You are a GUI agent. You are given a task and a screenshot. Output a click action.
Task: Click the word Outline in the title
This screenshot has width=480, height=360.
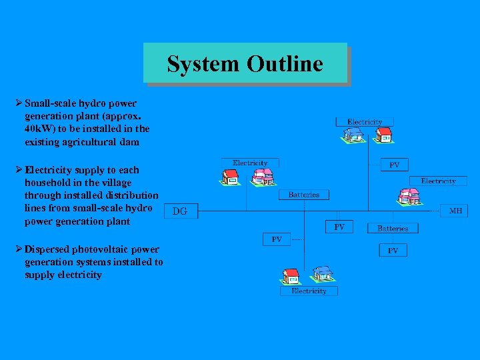coord(285,64)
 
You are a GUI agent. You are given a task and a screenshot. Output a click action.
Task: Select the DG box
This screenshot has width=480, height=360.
coord(180,211)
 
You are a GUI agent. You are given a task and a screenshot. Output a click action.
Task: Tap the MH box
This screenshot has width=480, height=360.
coord(455,211)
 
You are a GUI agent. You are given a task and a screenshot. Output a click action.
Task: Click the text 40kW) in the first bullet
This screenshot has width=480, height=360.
coord(40,129)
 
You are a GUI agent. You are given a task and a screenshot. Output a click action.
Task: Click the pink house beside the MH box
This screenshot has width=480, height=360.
coord(409,196)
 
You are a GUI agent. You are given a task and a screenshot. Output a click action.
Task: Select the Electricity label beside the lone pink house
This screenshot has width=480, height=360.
coord(438,181)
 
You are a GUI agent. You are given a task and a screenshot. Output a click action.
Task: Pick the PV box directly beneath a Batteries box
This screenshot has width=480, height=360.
coord(393,250)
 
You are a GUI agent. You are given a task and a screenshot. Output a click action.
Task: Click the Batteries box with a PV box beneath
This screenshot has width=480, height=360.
coord(393,228)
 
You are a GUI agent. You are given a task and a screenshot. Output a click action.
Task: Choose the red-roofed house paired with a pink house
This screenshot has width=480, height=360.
coord(230,176)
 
